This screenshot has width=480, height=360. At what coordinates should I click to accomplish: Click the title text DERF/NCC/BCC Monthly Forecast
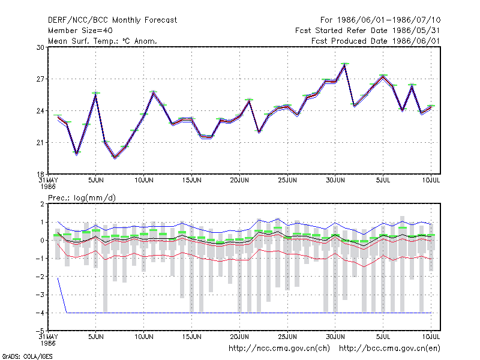(x=112, y=20)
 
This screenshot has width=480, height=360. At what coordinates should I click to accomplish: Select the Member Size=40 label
(x=80, y=31)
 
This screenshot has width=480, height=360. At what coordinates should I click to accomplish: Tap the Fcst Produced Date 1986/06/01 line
(x=376, y=41)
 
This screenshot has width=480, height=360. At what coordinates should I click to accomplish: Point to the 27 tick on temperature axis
(x=40, y=79)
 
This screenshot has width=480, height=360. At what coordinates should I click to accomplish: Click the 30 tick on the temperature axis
(x=40, y=47)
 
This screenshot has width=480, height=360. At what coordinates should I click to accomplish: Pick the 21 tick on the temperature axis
(x=40, y=143)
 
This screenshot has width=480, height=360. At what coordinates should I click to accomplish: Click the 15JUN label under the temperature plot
(x=191, y=181)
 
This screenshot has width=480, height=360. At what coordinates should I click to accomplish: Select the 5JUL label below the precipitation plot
(x=383, y=337)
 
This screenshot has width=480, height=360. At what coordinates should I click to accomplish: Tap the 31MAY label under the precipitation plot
(x=49, y=337)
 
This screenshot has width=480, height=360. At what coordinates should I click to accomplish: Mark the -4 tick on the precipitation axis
(x=40, y=313)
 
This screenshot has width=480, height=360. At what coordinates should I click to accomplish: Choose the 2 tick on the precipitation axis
(x=42, y=204)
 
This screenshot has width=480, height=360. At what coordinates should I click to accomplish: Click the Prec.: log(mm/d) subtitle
(x=82, y=198)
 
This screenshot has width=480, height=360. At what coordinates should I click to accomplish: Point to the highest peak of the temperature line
(x=344, y=65)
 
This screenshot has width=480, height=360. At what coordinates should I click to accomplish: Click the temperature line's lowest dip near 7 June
(x=115, y=157)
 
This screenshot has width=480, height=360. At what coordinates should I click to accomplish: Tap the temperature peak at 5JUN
(x=96, y=94)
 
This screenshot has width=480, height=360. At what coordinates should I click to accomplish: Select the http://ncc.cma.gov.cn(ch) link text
(x=279, y=349)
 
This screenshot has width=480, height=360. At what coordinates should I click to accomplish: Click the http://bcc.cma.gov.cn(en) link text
(x=389, y=349)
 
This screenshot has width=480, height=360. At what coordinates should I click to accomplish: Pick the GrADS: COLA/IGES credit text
(x=27, y=356)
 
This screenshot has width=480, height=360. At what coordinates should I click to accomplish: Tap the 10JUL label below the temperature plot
(x=431, y=181)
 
